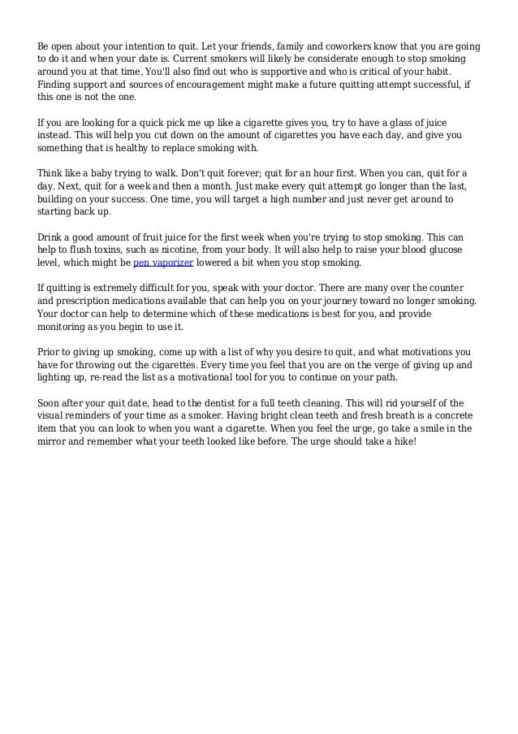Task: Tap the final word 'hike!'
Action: click(399, 442)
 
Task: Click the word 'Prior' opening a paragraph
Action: click(51, 352)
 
